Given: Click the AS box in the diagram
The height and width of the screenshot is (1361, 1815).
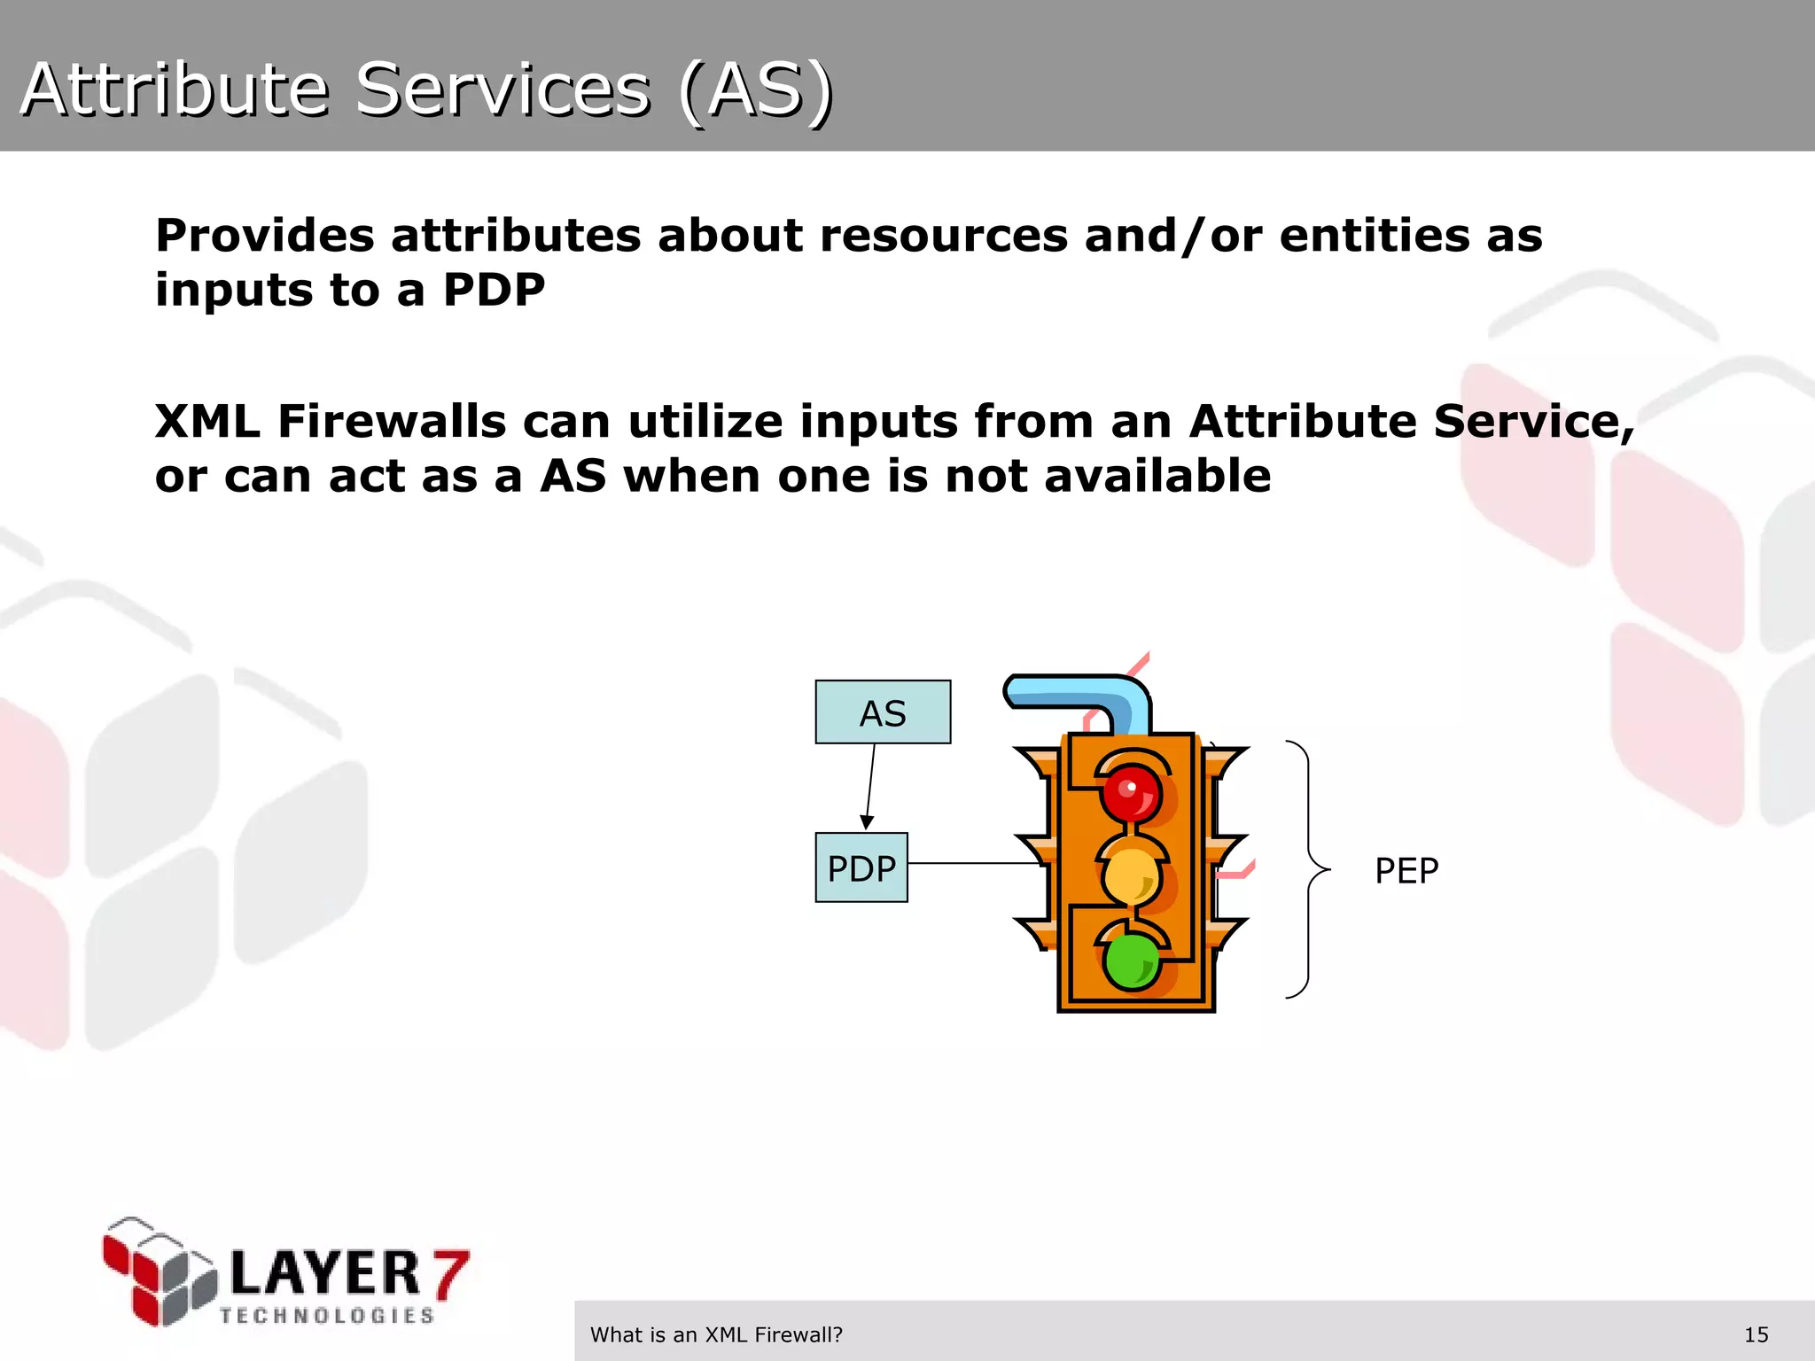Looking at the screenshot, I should coord(883,712).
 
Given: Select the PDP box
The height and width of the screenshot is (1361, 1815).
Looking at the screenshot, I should coord(861,867).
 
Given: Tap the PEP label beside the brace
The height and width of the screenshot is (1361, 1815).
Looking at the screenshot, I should coord(1406,871).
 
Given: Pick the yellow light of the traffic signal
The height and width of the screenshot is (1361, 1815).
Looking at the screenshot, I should coord(1131,875).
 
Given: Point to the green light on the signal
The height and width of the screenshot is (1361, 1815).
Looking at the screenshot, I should coord(1131,960).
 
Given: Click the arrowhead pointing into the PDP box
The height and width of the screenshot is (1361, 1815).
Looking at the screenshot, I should coord(867,822).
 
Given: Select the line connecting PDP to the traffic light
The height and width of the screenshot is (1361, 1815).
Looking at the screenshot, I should coord(975,863).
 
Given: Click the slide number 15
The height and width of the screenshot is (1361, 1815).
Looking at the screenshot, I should coord(1756,1334).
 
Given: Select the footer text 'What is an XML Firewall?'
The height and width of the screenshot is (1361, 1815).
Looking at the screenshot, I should coord(716,1334).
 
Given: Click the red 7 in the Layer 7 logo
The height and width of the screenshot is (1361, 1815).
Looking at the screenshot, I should coord(450,1273).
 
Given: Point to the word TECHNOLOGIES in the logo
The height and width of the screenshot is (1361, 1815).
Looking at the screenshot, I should coord(327,1316).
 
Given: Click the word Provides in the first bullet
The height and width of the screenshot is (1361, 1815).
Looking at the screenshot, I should coord(265,236).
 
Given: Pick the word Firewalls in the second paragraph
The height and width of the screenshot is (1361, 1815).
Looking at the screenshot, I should coord(391,421).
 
